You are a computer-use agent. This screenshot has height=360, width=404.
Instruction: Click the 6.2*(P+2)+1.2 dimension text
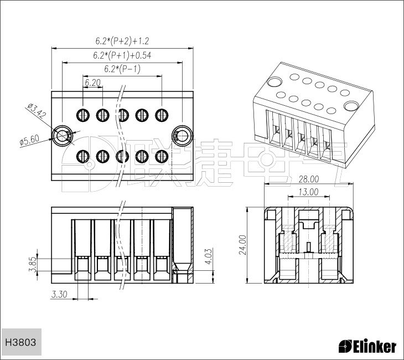(122, 41)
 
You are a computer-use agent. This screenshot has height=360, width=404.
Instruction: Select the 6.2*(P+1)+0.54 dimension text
(122, 55)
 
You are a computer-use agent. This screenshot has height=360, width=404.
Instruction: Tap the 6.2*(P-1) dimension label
(122, 69)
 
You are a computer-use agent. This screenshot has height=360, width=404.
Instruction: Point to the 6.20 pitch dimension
(93, 83)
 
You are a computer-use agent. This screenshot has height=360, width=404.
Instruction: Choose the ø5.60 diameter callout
(30, 141)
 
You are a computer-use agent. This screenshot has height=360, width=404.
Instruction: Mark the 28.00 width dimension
(309, 179)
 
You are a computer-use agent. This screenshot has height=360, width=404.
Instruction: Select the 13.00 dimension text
(309, 192)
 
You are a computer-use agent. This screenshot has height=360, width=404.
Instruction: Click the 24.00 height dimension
(243, 245)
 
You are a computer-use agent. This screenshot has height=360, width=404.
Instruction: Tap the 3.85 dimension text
(33, 265)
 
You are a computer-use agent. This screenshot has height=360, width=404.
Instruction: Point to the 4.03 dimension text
(209, 256)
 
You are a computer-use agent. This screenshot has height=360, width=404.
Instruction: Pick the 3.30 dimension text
(59, 294)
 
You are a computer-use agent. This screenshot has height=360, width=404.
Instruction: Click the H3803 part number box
(21, 342)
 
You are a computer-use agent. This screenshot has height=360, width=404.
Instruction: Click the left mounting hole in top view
(62, 135)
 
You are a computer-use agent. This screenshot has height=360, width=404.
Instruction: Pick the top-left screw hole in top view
(83, 115)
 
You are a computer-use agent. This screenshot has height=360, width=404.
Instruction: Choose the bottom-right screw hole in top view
(162, 156)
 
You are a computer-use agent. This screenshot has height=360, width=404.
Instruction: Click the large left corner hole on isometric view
(274, 83)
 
